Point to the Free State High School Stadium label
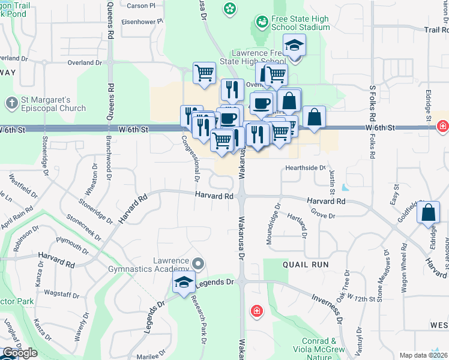coord(300,23)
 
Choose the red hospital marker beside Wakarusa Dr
coord(256,311)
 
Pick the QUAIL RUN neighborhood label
coord(301,264)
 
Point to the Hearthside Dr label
coord(305,168)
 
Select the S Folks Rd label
coord(373,104)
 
